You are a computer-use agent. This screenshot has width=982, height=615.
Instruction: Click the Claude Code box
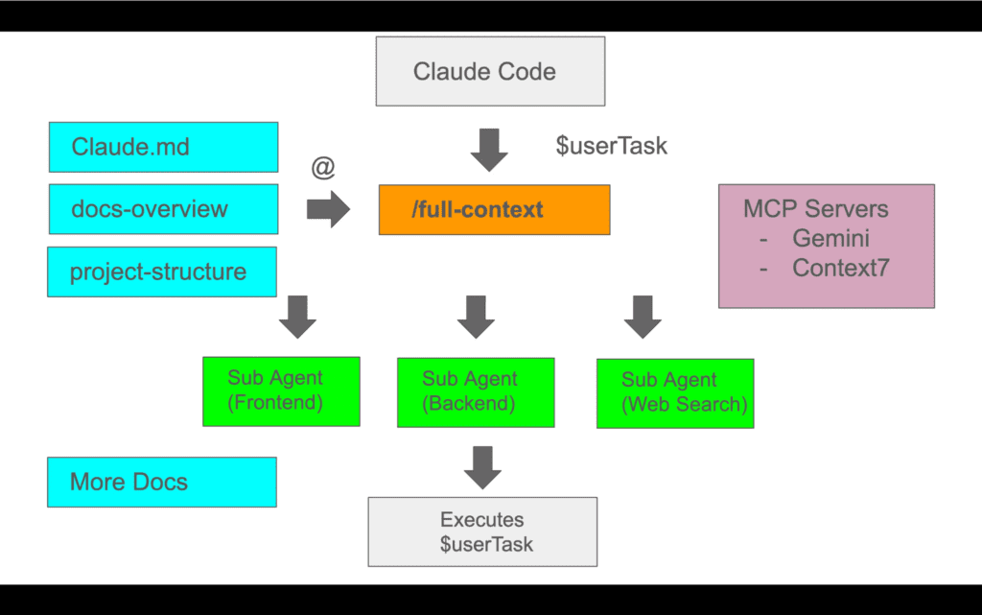tap(490, 71)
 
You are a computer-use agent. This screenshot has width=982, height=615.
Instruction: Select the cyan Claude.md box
tap(163, 147)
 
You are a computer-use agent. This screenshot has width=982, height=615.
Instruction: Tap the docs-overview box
tap(163, 209)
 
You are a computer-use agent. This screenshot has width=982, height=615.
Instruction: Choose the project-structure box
tap(162, 272)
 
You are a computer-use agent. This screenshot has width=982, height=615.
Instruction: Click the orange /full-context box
tap(494, 209)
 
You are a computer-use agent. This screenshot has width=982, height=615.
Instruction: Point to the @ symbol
tap(323, 169)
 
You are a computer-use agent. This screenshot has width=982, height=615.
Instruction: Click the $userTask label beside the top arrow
tap(612, 146)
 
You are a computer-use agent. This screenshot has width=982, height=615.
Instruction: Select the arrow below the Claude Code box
tap(489, 150)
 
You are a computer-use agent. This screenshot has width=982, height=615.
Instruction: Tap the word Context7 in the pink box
tap(840, 268)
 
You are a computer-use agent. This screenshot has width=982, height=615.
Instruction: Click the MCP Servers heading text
tap(815, 209)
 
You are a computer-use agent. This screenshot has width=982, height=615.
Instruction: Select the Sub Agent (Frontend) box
tap(281, 390)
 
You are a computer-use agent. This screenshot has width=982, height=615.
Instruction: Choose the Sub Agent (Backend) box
tap(476, 391)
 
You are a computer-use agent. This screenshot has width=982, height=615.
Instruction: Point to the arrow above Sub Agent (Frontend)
tap(298, 317)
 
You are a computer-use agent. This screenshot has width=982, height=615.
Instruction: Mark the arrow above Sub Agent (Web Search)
tap(642, 317)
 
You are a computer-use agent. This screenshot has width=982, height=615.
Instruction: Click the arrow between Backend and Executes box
tap(482, 466)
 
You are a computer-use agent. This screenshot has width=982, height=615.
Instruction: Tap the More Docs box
tap(162, 482)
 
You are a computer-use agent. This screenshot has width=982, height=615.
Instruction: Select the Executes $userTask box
tap(482, 532)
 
